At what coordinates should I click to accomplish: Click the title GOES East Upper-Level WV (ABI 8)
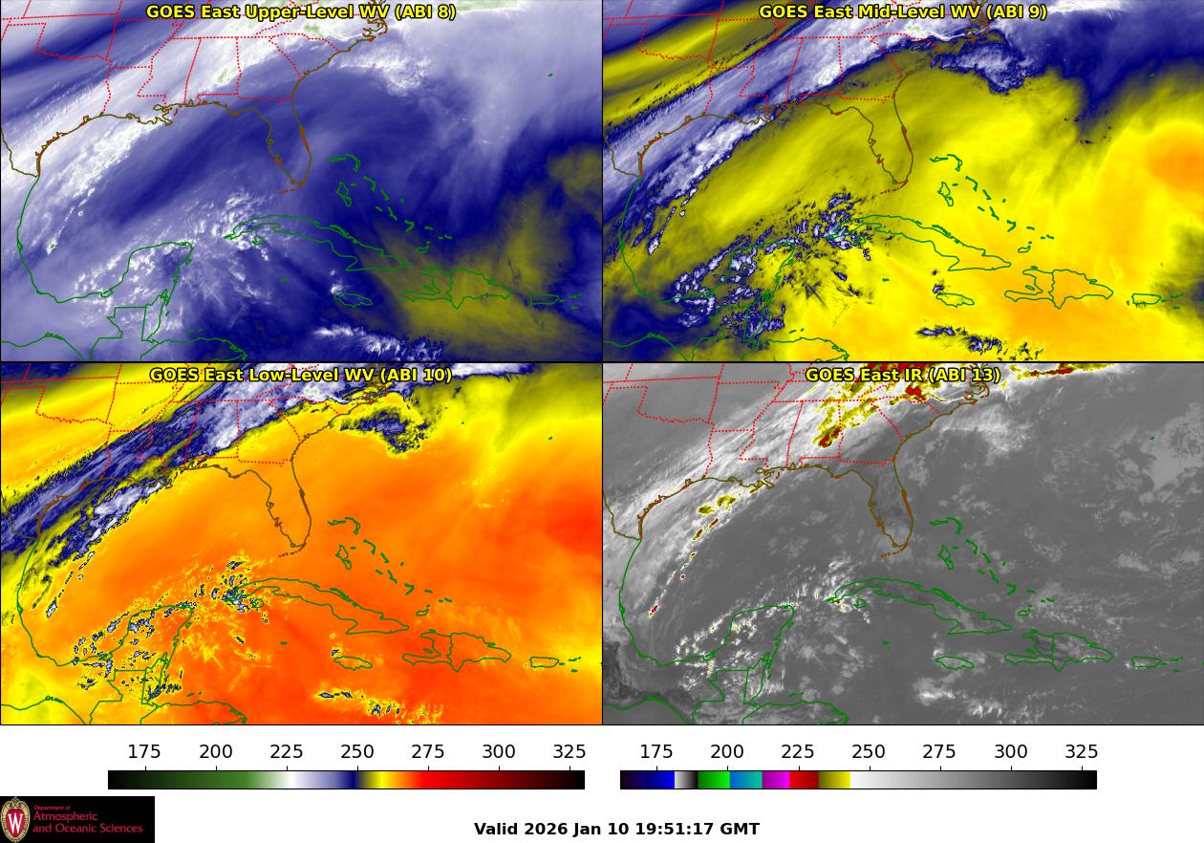pos(300,12)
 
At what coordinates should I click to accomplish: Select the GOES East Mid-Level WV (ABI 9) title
pos(902,12)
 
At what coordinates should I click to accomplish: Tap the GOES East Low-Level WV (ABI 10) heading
pos(300,375)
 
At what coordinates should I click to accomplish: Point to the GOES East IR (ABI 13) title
pos(902,375)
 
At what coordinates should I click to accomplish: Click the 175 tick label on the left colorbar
pos(145,751)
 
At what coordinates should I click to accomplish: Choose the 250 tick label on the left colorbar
pos(357,751)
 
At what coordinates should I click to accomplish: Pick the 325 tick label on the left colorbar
pos(570,751)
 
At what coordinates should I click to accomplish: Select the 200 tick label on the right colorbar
pos(727,751)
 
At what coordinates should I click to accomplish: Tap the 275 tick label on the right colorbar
pos(939,751)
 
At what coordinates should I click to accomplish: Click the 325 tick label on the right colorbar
pos(1081,751)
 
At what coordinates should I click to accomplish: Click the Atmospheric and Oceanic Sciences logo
pos(76,819)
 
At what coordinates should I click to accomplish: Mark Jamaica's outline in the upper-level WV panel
pos(352,298)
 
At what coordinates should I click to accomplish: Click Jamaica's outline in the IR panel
pos(954,661)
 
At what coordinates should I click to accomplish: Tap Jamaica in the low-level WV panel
pos(352,661)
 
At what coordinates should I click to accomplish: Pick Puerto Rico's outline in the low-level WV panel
pos(543,661)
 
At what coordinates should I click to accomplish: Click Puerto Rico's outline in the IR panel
pos(1145,661)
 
